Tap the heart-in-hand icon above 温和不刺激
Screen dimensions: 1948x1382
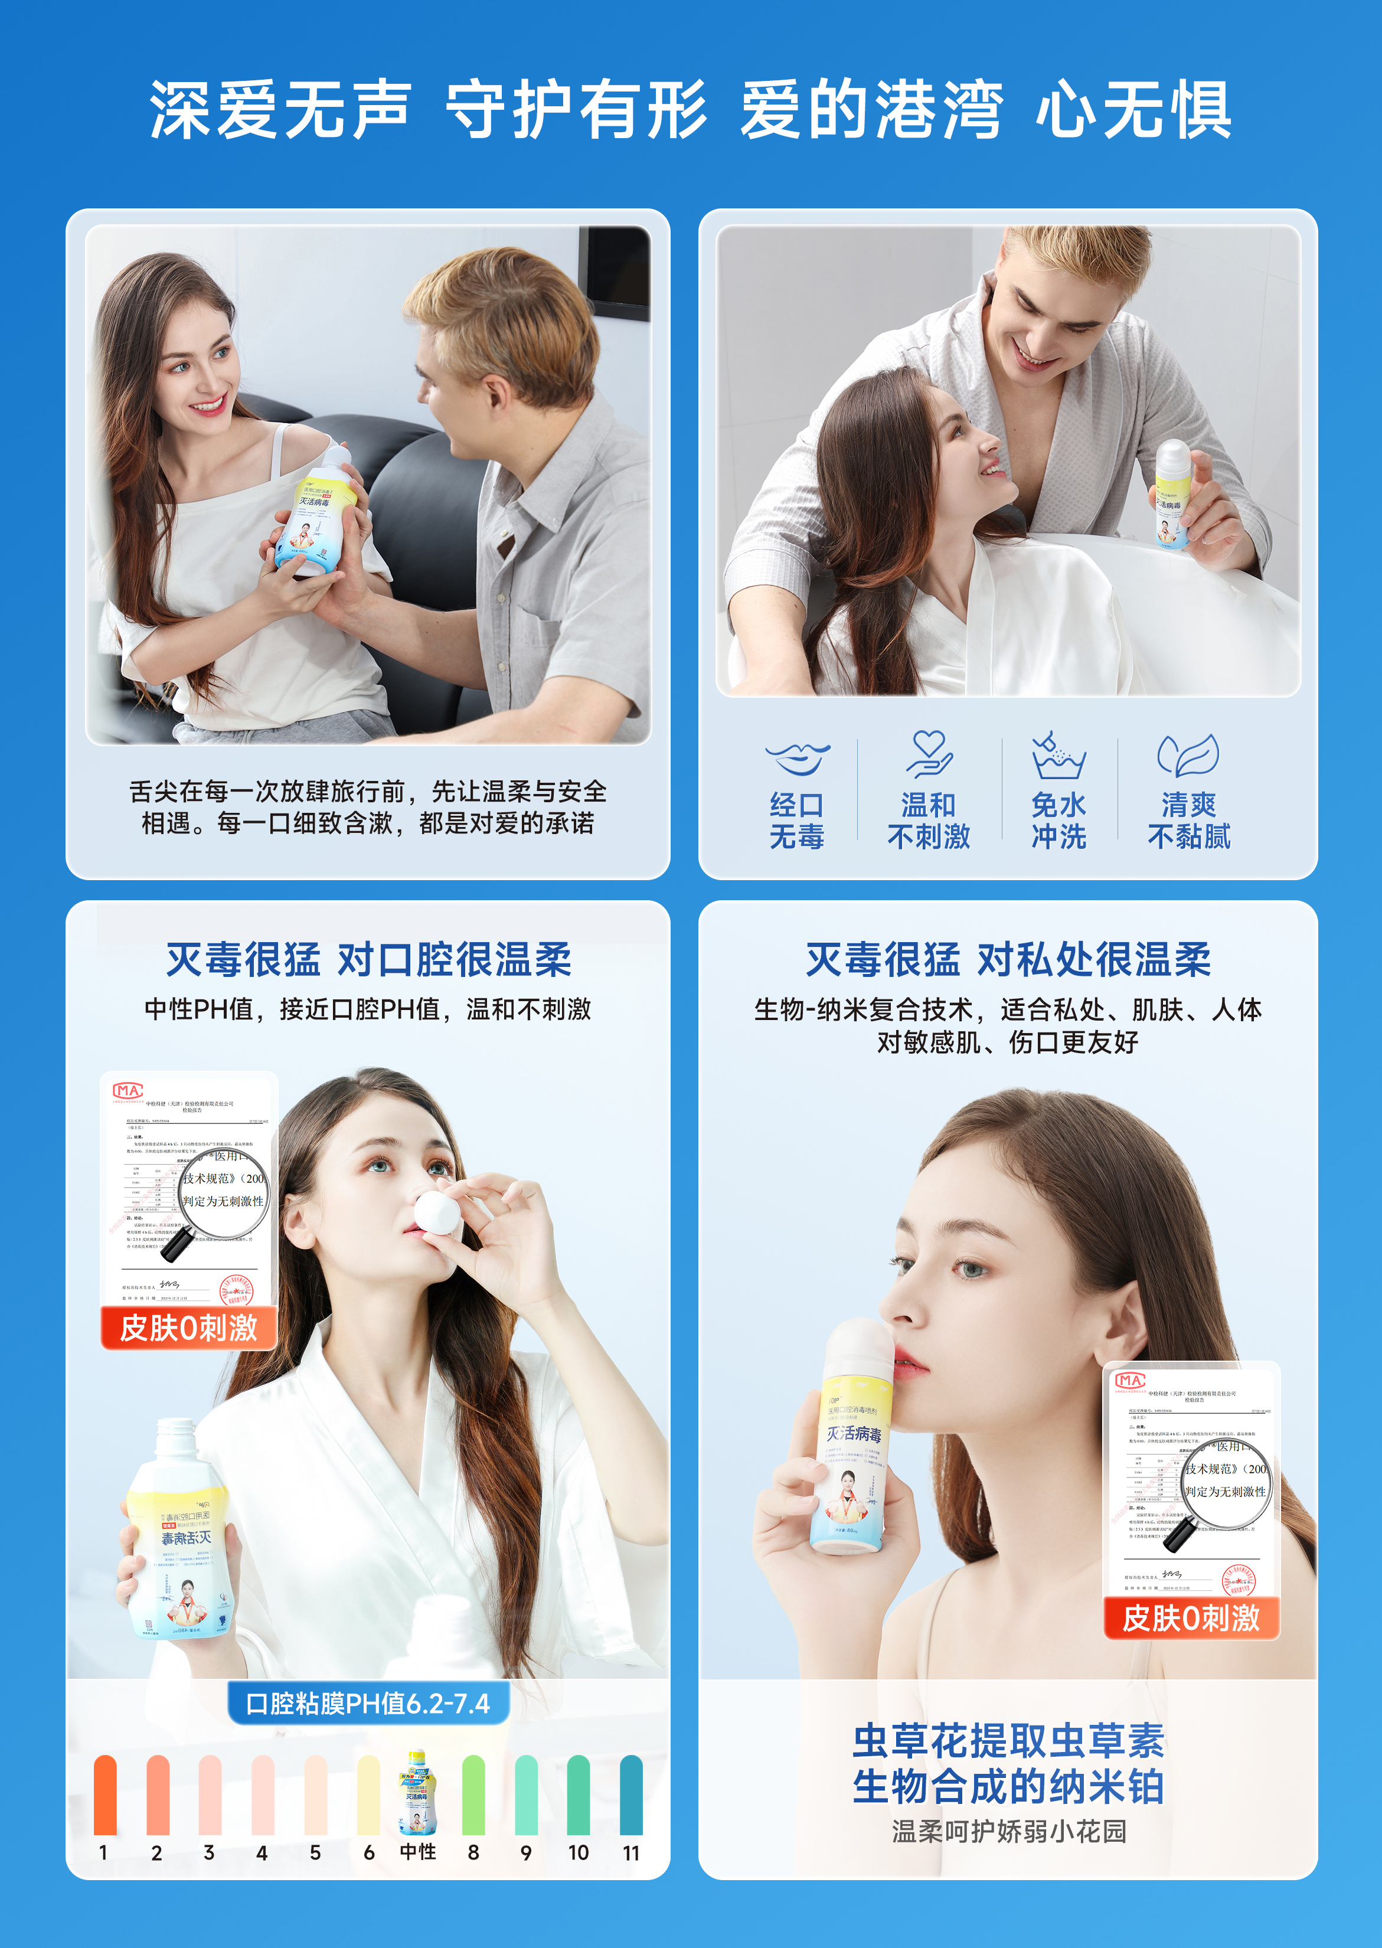(x=929, y=753)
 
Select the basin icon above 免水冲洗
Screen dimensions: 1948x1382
(x=1058, y=756)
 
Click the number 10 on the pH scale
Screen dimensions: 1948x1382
(x=579, y=1853)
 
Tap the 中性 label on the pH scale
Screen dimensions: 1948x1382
(x=418, y=1852)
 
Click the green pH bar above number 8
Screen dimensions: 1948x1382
(x=473, y=1794)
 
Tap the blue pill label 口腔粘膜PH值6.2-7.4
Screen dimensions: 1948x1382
(x=368, y=1703)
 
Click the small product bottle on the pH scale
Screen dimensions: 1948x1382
(x=418, y=1792)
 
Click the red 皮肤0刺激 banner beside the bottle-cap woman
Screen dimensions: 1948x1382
(x=189, y=1328)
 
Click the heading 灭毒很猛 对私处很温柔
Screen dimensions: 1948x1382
(x=1008, y=960)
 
